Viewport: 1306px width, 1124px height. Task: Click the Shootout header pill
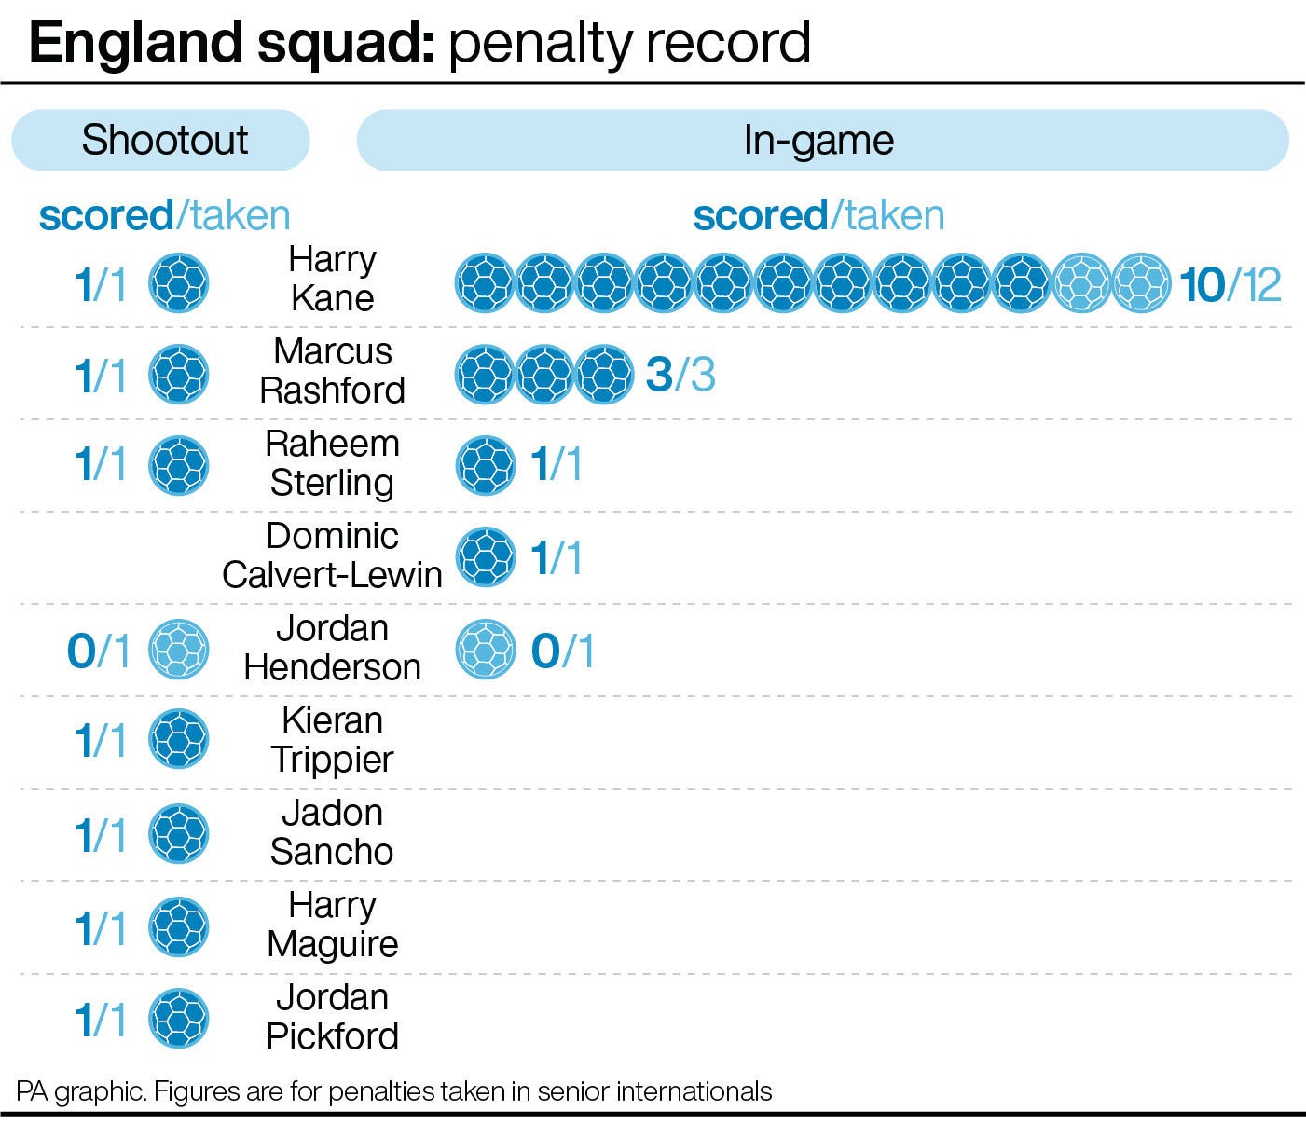coord(160,140)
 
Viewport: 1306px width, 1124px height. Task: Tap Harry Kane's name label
coord(332,279)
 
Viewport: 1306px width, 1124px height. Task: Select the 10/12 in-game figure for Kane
coord(1230,284)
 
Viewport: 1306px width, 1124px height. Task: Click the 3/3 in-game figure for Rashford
coord(680,375)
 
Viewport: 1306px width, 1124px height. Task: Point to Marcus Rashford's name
coord(332,371)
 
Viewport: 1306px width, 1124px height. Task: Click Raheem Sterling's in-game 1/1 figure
coord(556,464)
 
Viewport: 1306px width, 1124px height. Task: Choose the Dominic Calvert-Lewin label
coord(332,555)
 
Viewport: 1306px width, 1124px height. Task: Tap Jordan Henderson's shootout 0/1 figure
coord(98,651)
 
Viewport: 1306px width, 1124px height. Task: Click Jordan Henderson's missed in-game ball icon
coord(485,649)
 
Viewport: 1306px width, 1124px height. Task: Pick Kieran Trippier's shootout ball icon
coord(179,739)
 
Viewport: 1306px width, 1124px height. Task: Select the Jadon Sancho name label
coord(332,832)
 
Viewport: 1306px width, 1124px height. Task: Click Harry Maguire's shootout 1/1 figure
coord(100,928)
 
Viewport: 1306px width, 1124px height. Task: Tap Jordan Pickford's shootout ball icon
coord(179,1017)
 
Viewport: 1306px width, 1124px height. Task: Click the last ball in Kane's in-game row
coord(1141,282)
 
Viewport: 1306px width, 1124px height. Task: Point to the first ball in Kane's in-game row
coord(485,282)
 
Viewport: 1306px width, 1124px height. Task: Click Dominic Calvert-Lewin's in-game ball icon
coord(485,557)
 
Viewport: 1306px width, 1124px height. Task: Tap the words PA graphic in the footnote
coord(80,1091)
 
